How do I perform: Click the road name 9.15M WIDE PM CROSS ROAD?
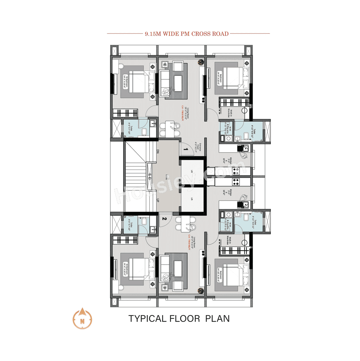click(x=187, y=34)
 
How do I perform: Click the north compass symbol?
click(x=82, y=319)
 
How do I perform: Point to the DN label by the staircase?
click(x=158, y=151)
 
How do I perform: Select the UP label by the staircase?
click(x=158, y=200)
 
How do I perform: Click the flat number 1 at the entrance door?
click(x=186, y=149)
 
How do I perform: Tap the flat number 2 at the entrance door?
click(x=165, y=219)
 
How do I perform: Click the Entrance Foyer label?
click(x=198, y=147)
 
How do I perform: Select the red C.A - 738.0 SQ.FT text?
click(x=182, y=113)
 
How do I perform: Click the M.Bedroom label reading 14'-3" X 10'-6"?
click(x=125, y=82)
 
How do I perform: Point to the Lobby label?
click(x=166, y=177)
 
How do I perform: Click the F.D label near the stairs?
click(x=150, y=177)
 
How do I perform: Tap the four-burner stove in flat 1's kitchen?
click(x=236, y=171)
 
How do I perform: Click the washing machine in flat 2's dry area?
click(x=229, y=215)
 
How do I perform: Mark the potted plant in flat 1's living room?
click(x=201, y=62)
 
